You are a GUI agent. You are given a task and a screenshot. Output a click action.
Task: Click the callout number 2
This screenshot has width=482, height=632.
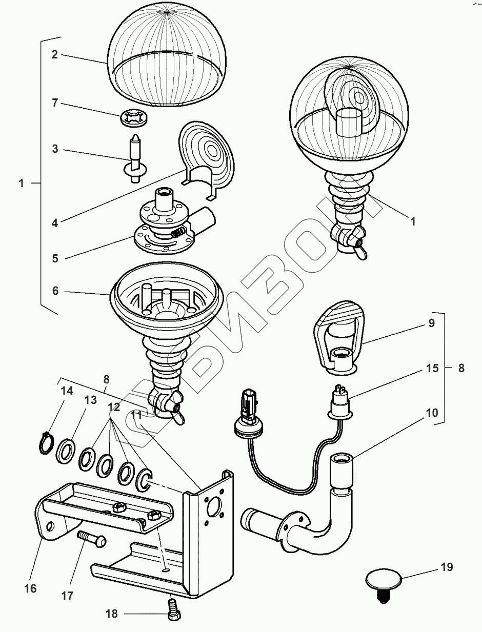[x=55, y=55]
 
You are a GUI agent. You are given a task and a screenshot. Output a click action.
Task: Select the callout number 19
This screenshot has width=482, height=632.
[x=446, y=567]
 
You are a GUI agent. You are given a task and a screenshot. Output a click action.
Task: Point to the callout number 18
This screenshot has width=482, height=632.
[x=112, y=614]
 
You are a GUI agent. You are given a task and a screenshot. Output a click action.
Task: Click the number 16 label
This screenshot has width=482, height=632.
[x=30, y=588]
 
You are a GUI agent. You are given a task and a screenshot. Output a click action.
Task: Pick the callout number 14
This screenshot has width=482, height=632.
[x=67, y=391]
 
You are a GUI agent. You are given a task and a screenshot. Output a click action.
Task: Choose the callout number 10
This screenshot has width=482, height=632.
[x=431, y=413]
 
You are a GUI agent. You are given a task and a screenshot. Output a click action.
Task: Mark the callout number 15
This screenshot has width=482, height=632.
[x=432, y=368]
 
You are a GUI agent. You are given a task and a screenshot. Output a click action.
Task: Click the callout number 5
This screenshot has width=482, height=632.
[x=55, y=258]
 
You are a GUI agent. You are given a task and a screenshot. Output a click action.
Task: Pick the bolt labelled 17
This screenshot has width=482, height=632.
[x=91, y=539]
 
